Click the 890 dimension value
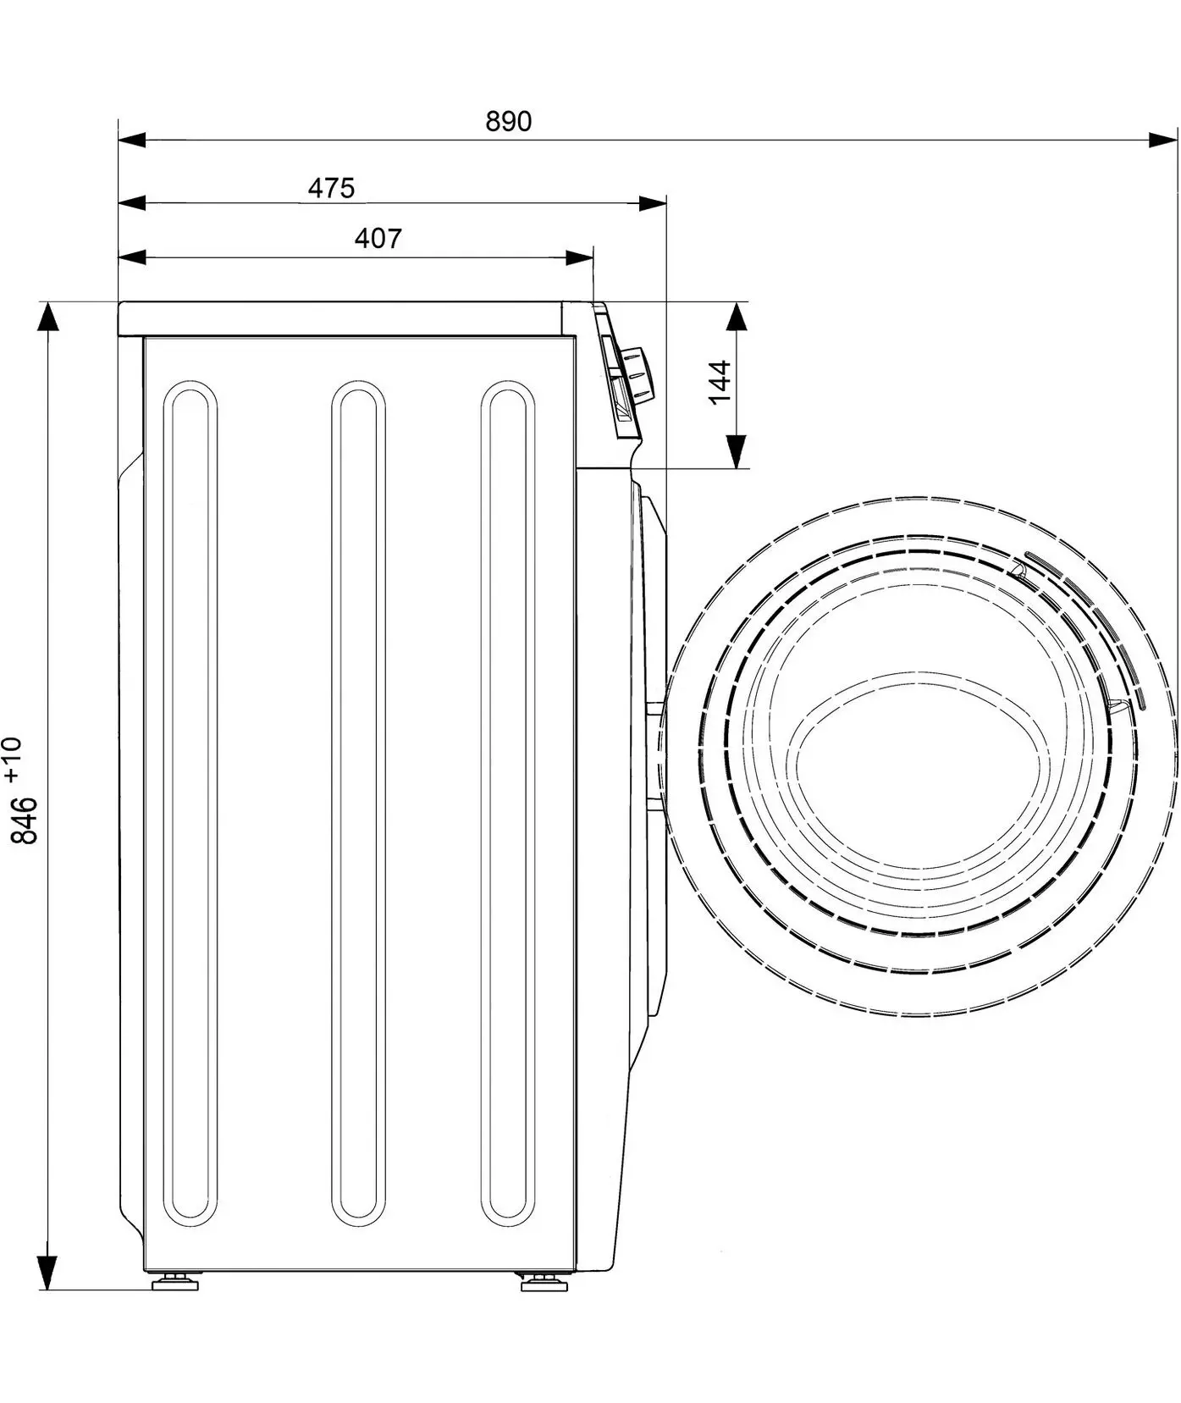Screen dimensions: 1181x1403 point(509,122)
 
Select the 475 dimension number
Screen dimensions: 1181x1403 point(331,188)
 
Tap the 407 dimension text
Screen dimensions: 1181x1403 point(378,240)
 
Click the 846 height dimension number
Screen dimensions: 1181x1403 point(25,820)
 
